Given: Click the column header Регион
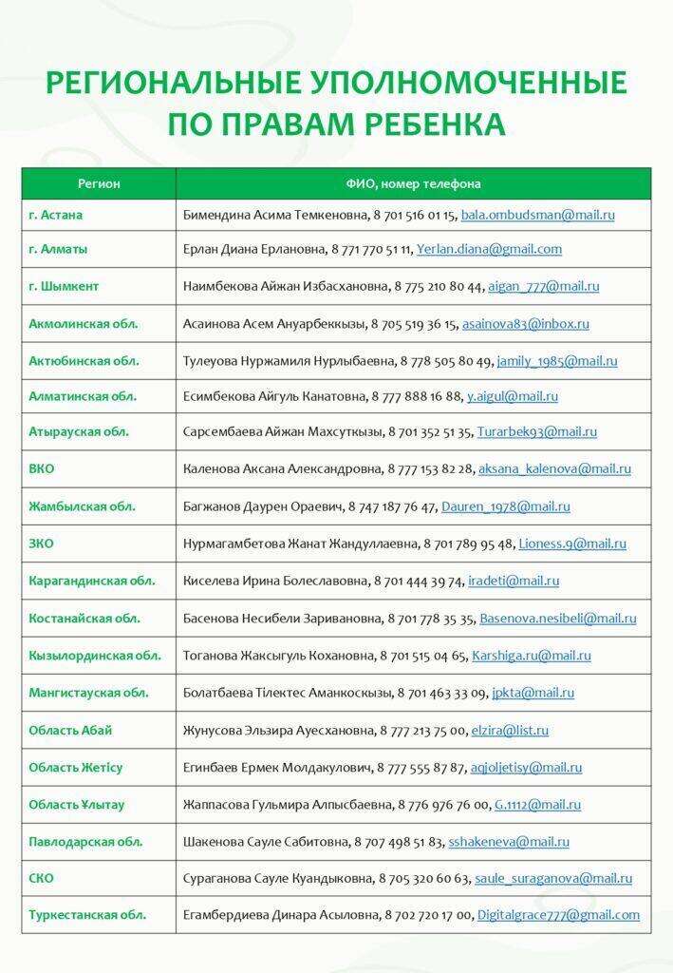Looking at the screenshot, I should click(99, 183).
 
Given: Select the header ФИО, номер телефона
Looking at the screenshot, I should click(413, 183).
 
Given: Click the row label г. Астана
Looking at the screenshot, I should click(56, 215).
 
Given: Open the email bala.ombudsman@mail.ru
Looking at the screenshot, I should click(538, 216).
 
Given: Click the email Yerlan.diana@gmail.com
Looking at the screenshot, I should click(489, 250).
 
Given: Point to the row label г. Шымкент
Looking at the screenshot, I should click(64, 286).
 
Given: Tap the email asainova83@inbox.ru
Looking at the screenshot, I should click(525, 324).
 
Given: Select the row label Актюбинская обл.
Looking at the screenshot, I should click(84, 361).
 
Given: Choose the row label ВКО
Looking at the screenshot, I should click(42, 468).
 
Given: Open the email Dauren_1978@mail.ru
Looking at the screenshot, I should click(505, 507).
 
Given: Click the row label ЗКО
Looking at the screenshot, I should click(42, 544).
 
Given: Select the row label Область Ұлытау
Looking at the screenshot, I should click(77, 805).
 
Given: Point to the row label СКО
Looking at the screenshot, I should click(42, 879).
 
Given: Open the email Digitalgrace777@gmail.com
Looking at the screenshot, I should click(557, 915).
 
